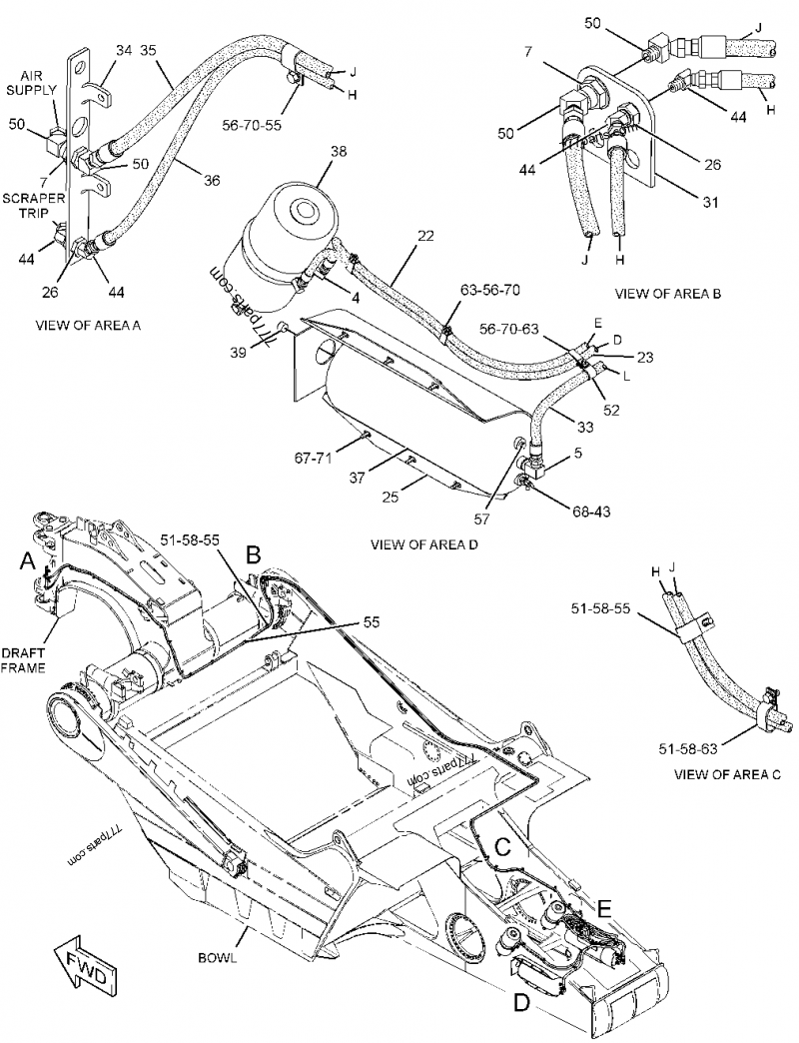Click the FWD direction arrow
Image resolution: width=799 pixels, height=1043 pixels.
point(83,968)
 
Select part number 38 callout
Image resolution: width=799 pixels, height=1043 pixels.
point(339,152)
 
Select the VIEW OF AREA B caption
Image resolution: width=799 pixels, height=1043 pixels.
point(668,294)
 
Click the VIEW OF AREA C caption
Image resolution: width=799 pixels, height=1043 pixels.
point(727,773)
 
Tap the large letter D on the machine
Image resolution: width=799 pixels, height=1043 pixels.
point(520,1002)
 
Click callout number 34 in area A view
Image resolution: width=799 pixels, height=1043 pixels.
point(124,49)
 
